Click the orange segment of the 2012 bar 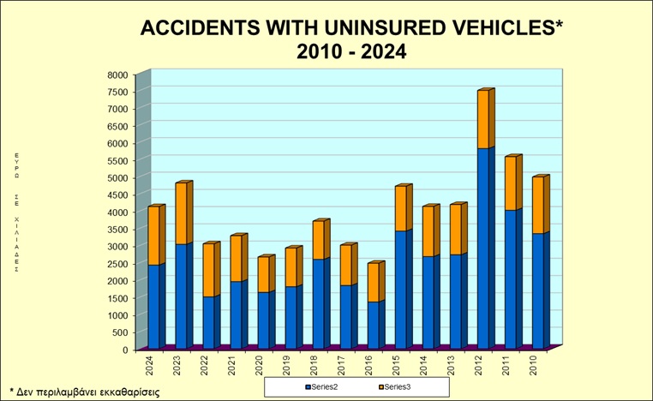pos(484,119)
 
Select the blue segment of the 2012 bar pos(484,248)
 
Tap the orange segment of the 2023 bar pos(183,213)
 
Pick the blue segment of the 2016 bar pos(374,325)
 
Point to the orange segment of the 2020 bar pos(265,274)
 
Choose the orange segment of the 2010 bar pos(539,205)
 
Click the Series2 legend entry pos(323,386)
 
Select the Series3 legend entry pos(395,386)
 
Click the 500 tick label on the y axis pos(121,332)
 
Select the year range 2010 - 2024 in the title pos(350,51)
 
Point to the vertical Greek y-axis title pos(16,211)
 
